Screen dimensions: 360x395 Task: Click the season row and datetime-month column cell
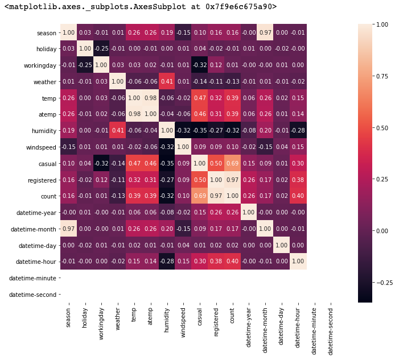click(x=265, y=32)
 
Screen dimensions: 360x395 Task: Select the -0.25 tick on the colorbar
click(x=382, y=283)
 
